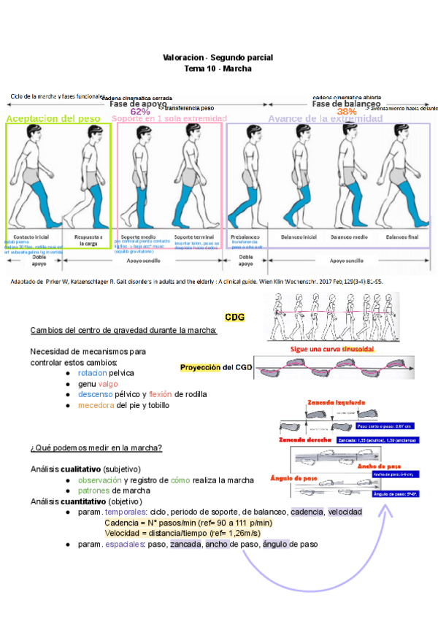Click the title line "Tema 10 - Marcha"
[218, 68]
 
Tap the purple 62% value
[140, 111]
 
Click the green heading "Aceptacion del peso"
[53, 118]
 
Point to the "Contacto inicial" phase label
[31, 238]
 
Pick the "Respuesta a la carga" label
[88, 241]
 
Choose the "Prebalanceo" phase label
[246, 238]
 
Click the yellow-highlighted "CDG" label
[234, 317]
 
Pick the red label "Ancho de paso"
[380, 466]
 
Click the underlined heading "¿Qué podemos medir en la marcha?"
[96, 447]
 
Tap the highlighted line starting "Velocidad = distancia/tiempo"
[193, 533]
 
